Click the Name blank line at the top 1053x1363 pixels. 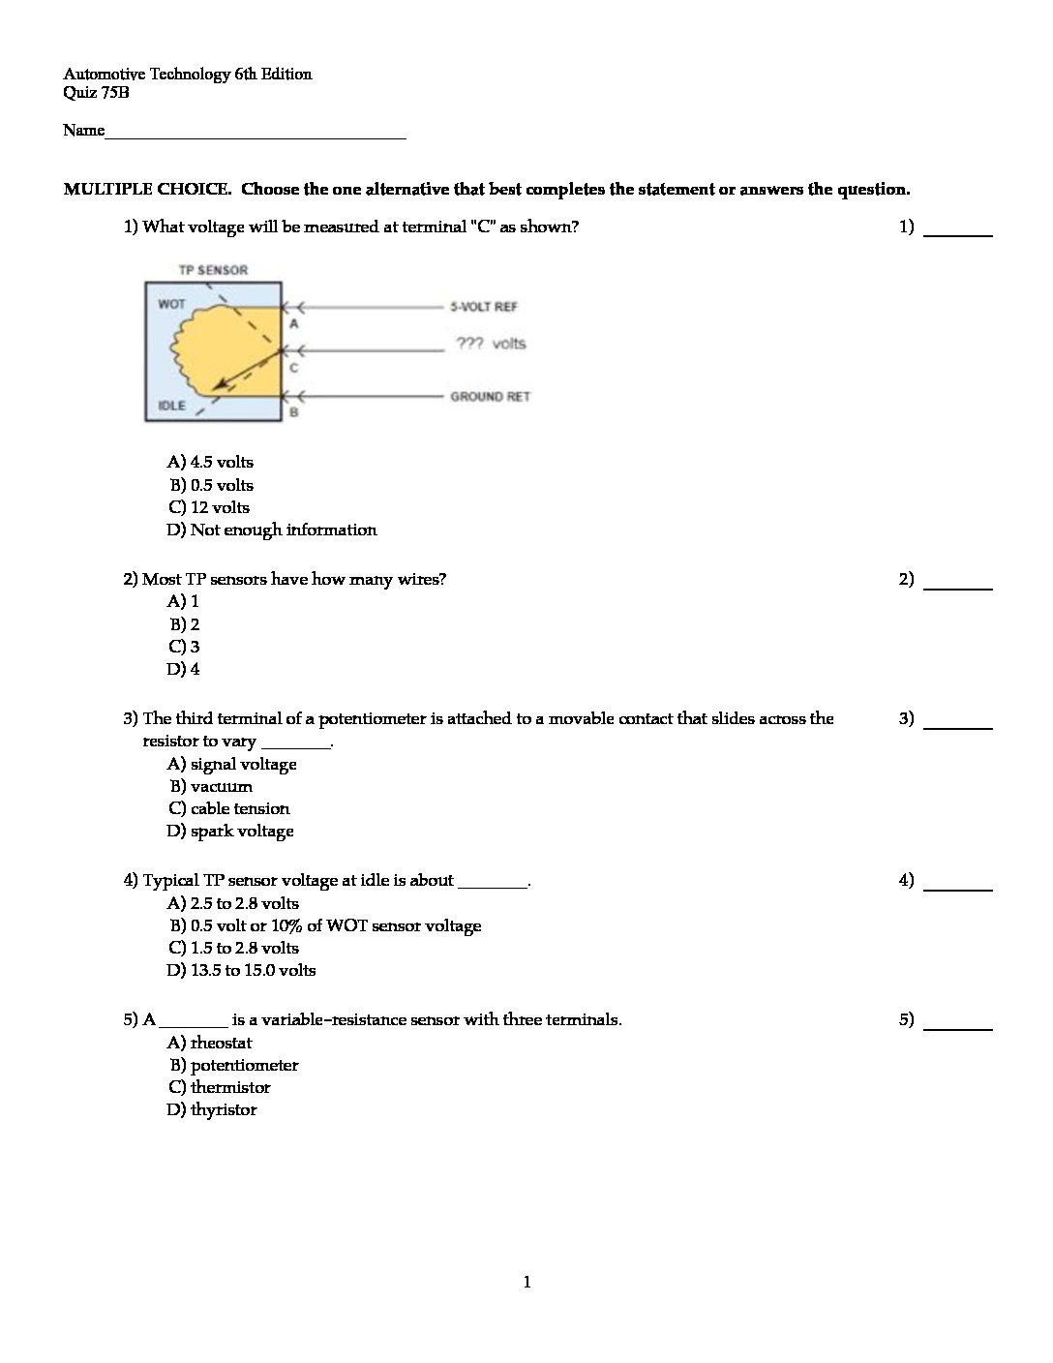click(x=256, y=133)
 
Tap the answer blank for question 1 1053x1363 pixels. click(x=958, y=229)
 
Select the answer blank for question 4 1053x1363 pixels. click(x=958, y=883)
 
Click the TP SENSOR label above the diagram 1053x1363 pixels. click(x=213, y=270)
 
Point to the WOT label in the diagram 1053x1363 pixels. click(x=171, y=304)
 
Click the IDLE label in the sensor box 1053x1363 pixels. click(x=171, y=405)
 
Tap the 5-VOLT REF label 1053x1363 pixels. click(x=484, y=307)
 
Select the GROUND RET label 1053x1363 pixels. click(x=490, y=397)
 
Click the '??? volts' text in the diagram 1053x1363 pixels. click(x=491, y=344)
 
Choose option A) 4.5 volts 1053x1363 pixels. click(x=210, y=463)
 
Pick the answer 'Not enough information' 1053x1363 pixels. click(x=272, y=530)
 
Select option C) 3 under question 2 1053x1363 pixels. click(x=184, y=647)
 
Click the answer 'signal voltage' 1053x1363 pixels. click(x=232, y=765)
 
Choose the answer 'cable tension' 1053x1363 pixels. click(x=228, y=809)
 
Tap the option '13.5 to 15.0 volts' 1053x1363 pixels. click(x=242, y=971)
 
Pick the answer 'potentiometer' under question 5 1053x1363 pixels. click(x=233, y=1066)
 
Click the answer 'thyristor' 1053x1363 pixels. click(x=212, y=1110)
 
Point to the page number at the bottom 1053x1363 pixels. click(x=526, y=1283)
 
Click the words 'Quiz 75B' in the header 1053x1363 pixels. click(x=96, y=94)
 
